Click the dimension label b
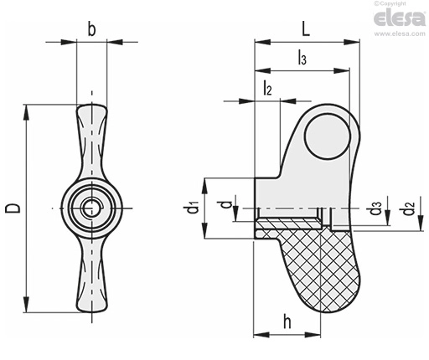click(x=91, y=29)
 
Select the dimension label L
click(x=306, y=29)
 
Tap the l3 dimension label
click(x=302, y=58)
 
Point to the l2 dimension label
click(x=267, y=88)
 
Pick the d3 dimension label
click(x=375, y=208)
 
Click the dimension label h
click(x=287, y=321)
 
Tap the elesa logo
click(x=400, y=18)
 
